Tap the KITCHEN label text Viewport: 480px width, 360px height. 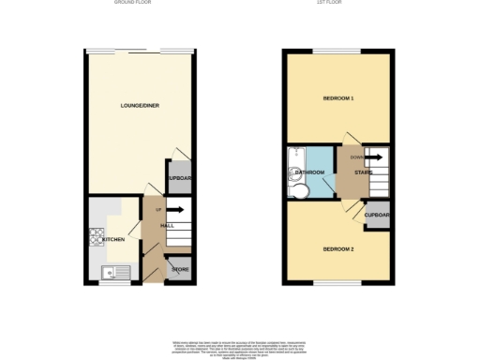pyautogui.click(x=113, y=240)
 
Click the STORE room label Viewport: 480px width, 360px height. pyautogui.click(x=180, y=271)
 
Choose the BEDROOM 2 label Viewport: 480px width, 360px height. pyautogui.click(x=338, y=248)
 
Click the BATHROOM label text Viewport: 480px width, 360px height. pyautogui.click(x=310, y=172)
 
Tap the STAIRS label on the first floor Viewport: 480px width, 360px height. pyautogui.click(x=364, y=172)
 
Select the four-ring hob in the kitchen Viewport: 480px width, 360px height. pyautogui.click(x=95, y=237)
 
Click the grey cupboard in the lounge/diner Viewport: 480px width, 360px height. pyautogui.click(x=179, y=177)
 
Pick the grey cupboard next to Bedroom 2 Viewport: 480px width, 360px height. pyautogui.click(x=377, y=215)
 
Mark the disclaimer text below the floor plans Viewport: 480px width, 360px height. pyautogui.click(x=240, y=347)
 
